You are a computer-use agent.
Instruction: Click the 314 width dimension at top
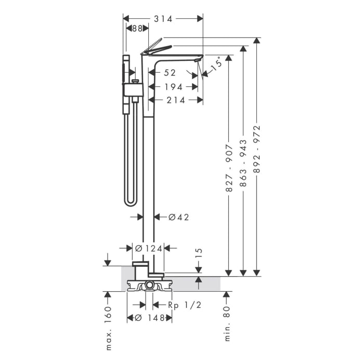coord(163,18)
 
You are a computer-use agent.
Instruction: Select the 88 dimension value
coord(137,29)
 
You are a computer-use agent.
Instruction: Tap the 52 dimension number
coord(170,73)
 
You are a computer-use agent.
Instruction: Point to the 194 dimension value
coord(173,86)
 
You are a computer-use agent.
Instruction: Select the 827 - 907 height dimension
coord(229,168)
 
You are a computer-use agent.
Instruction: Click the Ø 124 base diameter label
coord(149,249)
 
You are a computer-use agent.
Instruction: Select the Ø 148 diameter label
coord(150,318)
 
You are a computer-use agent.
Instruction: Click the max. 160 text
coord(108,328)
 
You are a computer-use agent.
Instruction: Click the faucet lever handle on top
coord(156,48)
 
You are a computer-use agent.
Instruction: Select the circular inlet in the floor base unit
coord(149,284)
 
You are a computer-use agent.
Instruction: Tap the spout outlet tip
coord(197,61)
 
